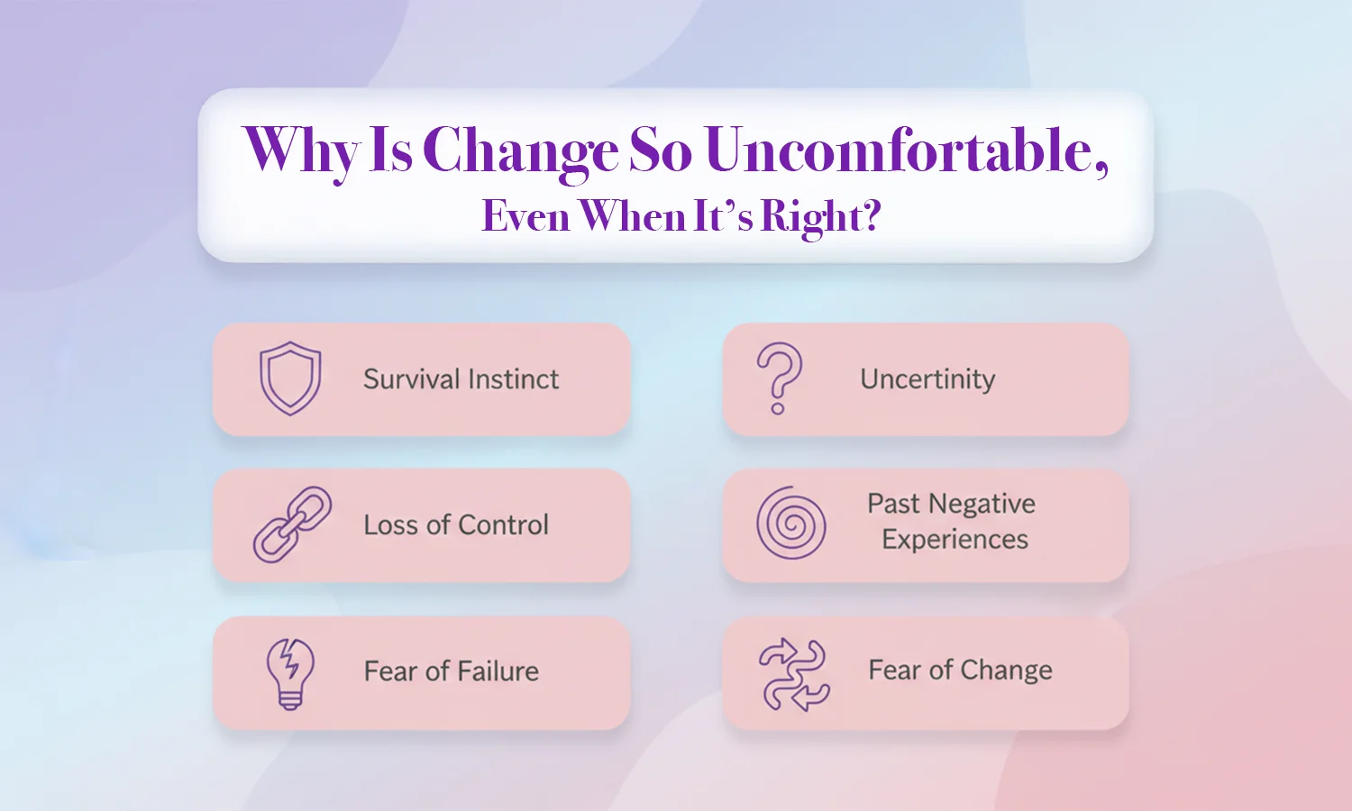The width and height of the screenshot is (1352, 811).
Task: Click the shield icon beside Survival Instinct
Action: [x=289, y=378]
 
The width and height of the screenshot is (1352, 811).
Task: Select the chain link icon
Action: [x=292, y=524]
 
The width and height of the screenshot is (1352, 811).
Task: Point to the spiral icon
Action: [x=791, y=523]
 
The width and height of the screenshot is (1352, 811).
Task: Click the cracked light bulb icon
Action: [x=290, y=674]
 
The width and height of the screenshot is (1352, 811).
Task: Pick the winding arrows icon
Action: [x=794, y=674]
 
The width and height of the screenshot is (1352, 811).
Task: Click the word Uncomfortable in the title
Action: [x=907, y=150]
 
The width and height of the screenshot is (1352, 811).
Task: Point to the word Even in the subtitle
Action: [x=525, y=216]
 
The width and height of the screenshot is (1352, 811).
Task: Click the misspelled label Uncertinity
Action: [x=927, y=380]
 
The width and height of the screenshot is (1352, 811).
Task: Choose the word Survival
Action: [x=412, y=379]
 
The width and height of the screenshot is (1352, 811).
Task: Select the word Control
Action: [x=503, y=525]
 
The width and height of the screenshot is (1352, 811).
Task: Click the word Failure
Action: [x=498, y=671]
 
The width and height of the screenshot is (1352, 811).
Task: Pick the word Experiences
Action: [x=955, y=540]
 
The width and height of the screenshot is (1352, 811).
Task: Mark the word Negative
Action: [x=983, y=504]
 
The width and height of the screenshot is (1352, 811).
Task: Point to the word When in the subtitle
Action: [x=634, y=216]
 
